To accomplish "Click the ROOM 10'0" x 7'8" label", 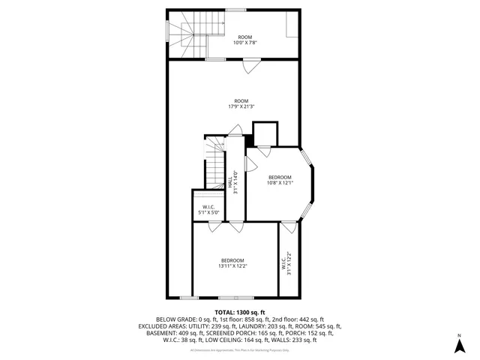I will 244,40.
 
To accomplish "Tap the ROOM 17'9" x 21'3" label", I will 241,103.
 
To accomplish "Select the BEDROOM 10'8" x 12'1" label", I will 280,179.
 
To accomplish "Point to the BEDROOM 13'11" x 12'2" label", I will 232,262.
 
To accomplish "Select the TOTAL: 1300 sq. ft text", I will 240,312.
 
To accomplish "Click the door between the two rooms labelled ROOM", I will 247,66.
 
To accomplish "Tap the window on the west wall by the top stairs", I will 167,30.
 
